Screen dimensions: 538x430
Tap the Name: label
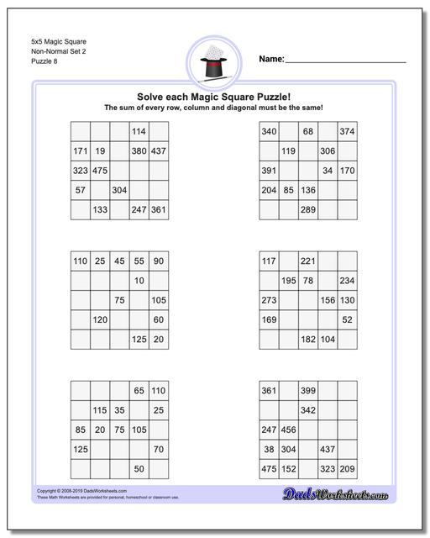(x=270, y=60)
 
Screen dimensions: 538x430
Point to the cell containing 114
(x=139, y=131)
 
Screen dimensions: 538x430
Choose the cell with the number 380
(x=139, y=151)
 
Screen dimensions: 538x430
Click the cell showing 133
(x=100, y=209)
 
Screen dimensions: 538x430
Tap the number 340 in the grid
(x=269, y=131)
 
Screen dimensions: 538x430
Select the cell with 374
(x=347, y=131)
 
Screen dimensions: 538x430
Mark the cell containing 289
(x=308, y=209)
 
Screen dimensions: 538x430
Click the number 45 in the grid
(x=119, y=261)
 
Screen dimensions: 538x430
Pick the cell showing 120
(x=100, y=320)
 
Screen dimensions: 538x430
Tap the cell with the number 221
(x=308, y=261)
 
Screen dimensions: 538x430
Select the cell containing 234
(x=347, y=281)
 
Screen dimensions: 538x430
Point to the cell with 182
(x=308, y=339)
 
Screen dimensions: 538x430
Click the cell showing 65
(x=139, y=391)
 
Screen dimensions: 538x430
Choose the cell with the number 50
(x=139, y=468)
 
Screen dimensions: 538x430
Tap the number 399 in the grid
(x=308, y=391)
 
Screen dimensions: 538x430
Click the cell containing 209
(x=347, y=468)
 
